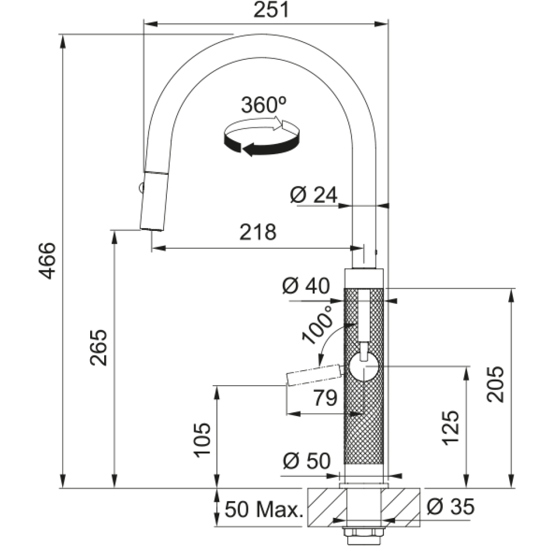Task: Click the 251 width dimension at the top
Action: tap(271, 10)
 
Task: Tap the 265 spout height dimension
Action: tap(99, 347)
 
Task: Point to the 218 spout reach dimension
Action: tap(258, 232)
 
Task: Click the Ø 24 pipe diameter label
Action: tap(314, 195)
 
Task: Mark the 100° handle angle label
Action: tap(318, 324)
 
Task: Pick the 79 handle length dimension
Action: tap(326, 398)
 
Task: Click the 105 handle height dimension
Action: tap(202, 440)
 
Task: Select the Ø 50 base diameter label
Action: tap(307, 461)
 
